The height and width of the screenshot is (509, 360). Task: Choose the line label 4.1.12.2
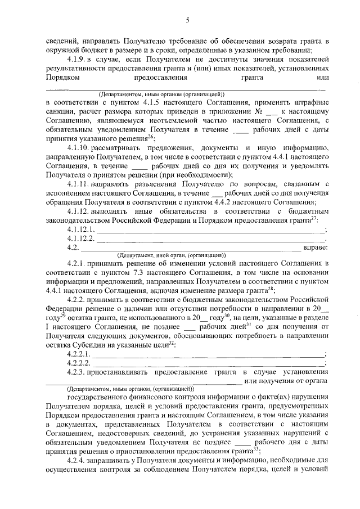point(81,238)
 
